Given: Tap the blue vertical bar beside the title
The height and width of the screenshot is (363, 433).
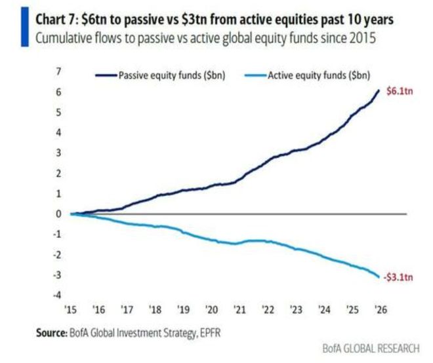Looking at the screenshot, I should click(16, 26).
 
